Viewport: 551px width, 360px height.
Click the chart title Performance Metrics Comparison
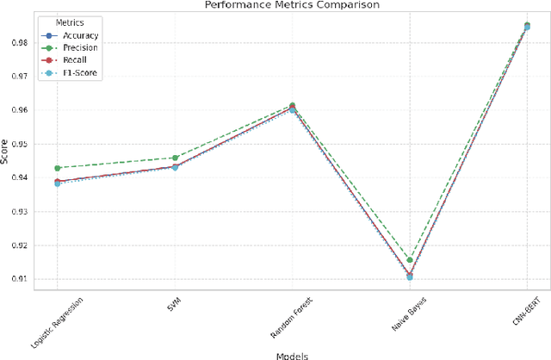(291, 5)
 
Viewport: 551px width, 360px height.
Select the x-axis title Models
(291, 354)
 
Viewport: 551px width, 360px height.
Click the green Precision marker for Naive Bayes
(409, 260)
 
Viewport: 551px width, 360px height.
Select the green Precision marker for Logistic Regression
(57, 168)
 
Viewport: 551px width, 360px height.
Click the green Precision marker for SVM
(175, 158)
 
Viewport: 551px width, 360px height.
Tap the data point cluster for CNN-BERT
(527, 27)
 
